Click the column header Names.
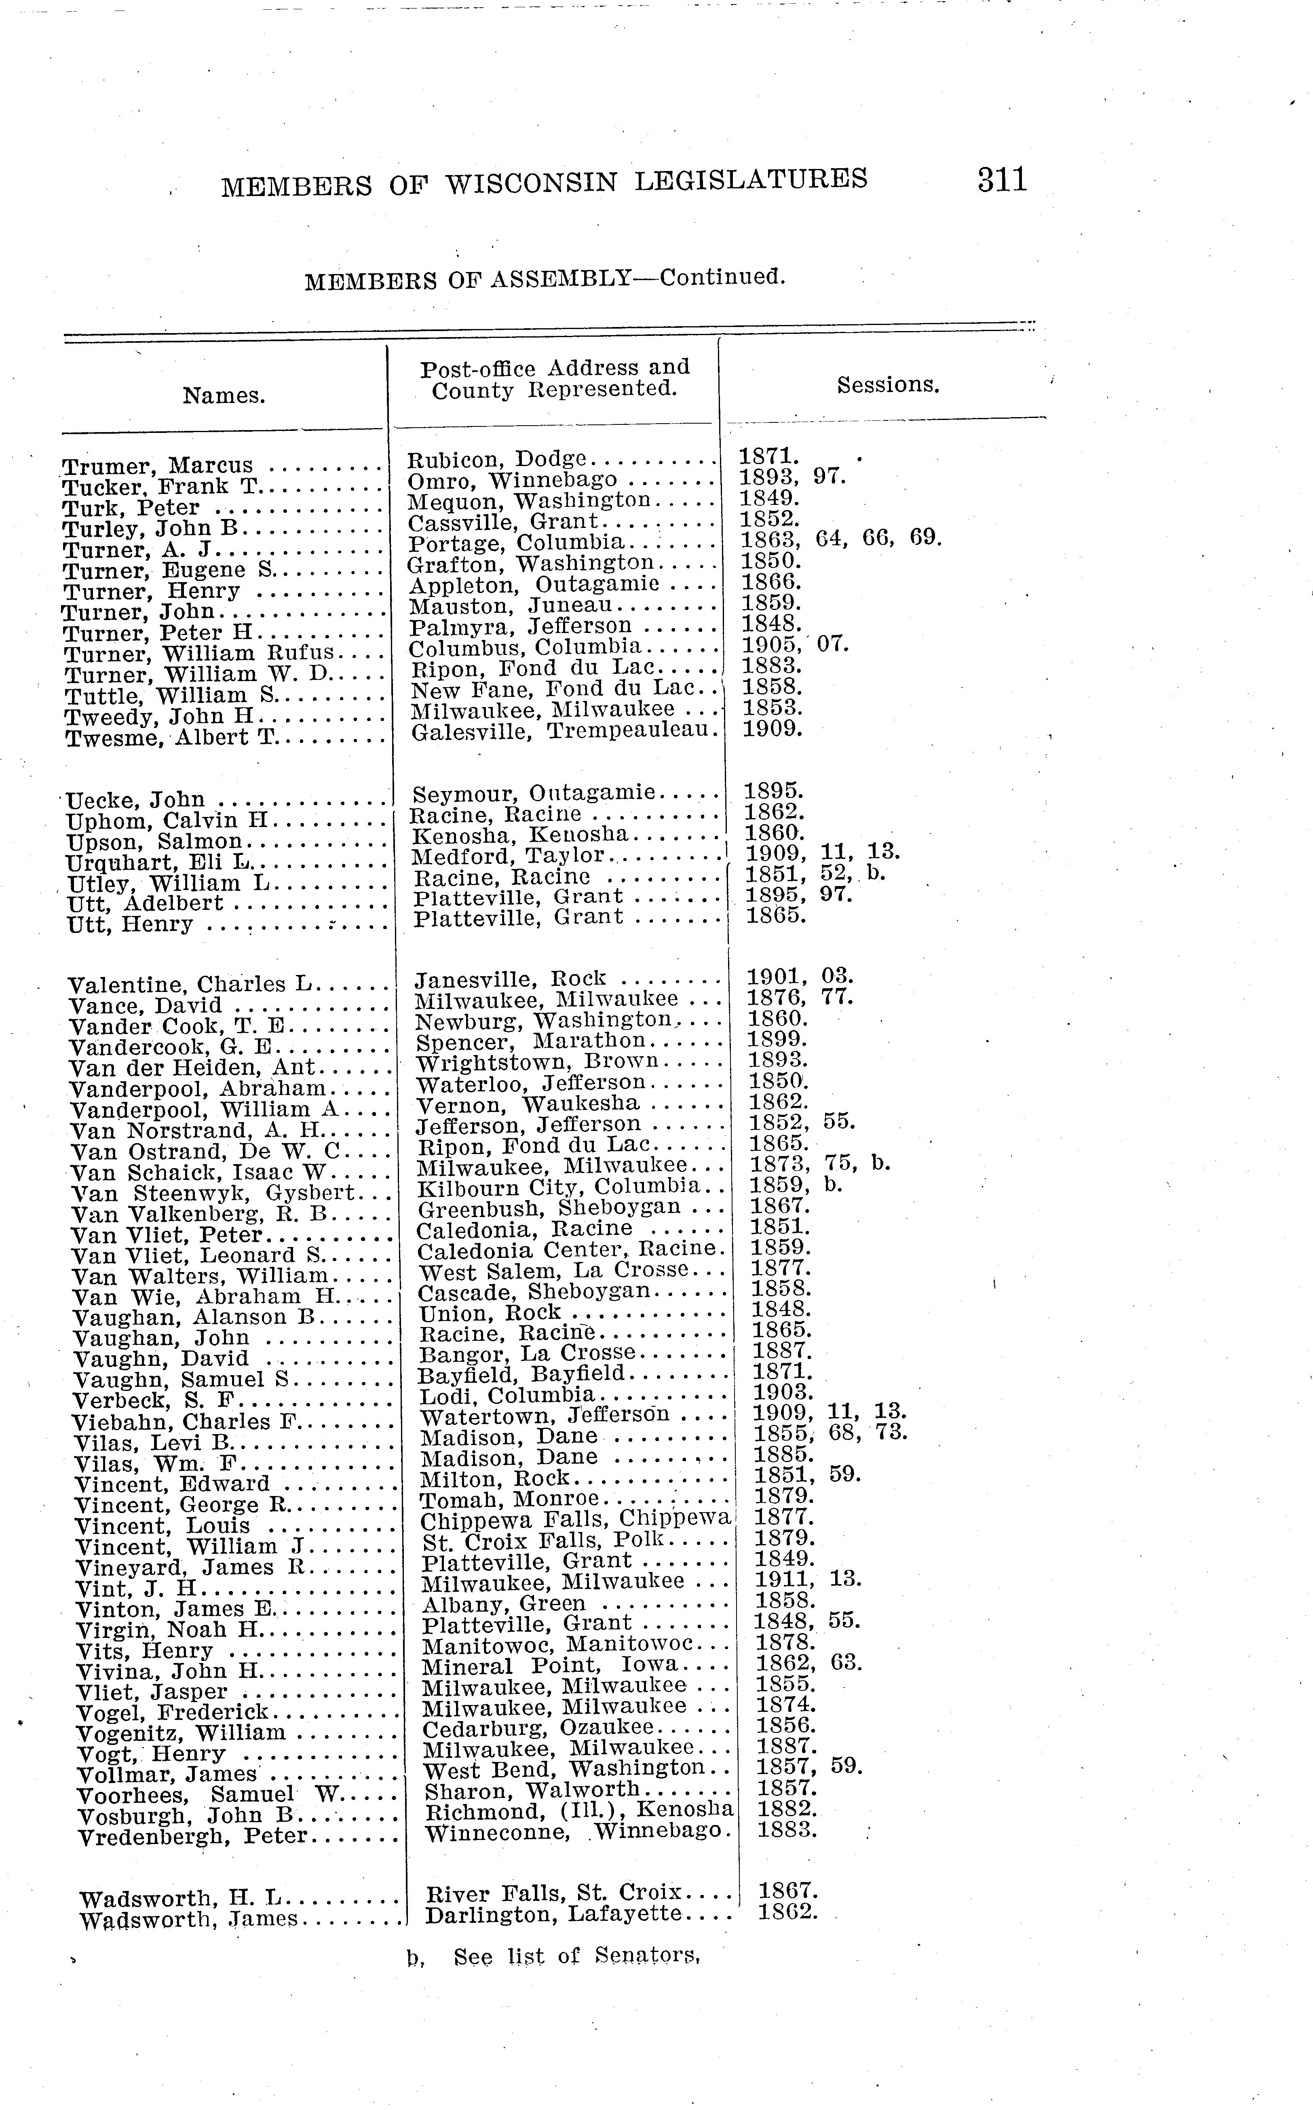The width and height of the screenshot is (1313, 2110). (x=224, y=396)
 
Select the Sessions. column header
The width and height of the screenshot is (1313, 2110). (x=887, y=385)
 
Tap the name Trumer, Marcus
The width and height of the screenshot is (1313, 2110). (x=158, y=466)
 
